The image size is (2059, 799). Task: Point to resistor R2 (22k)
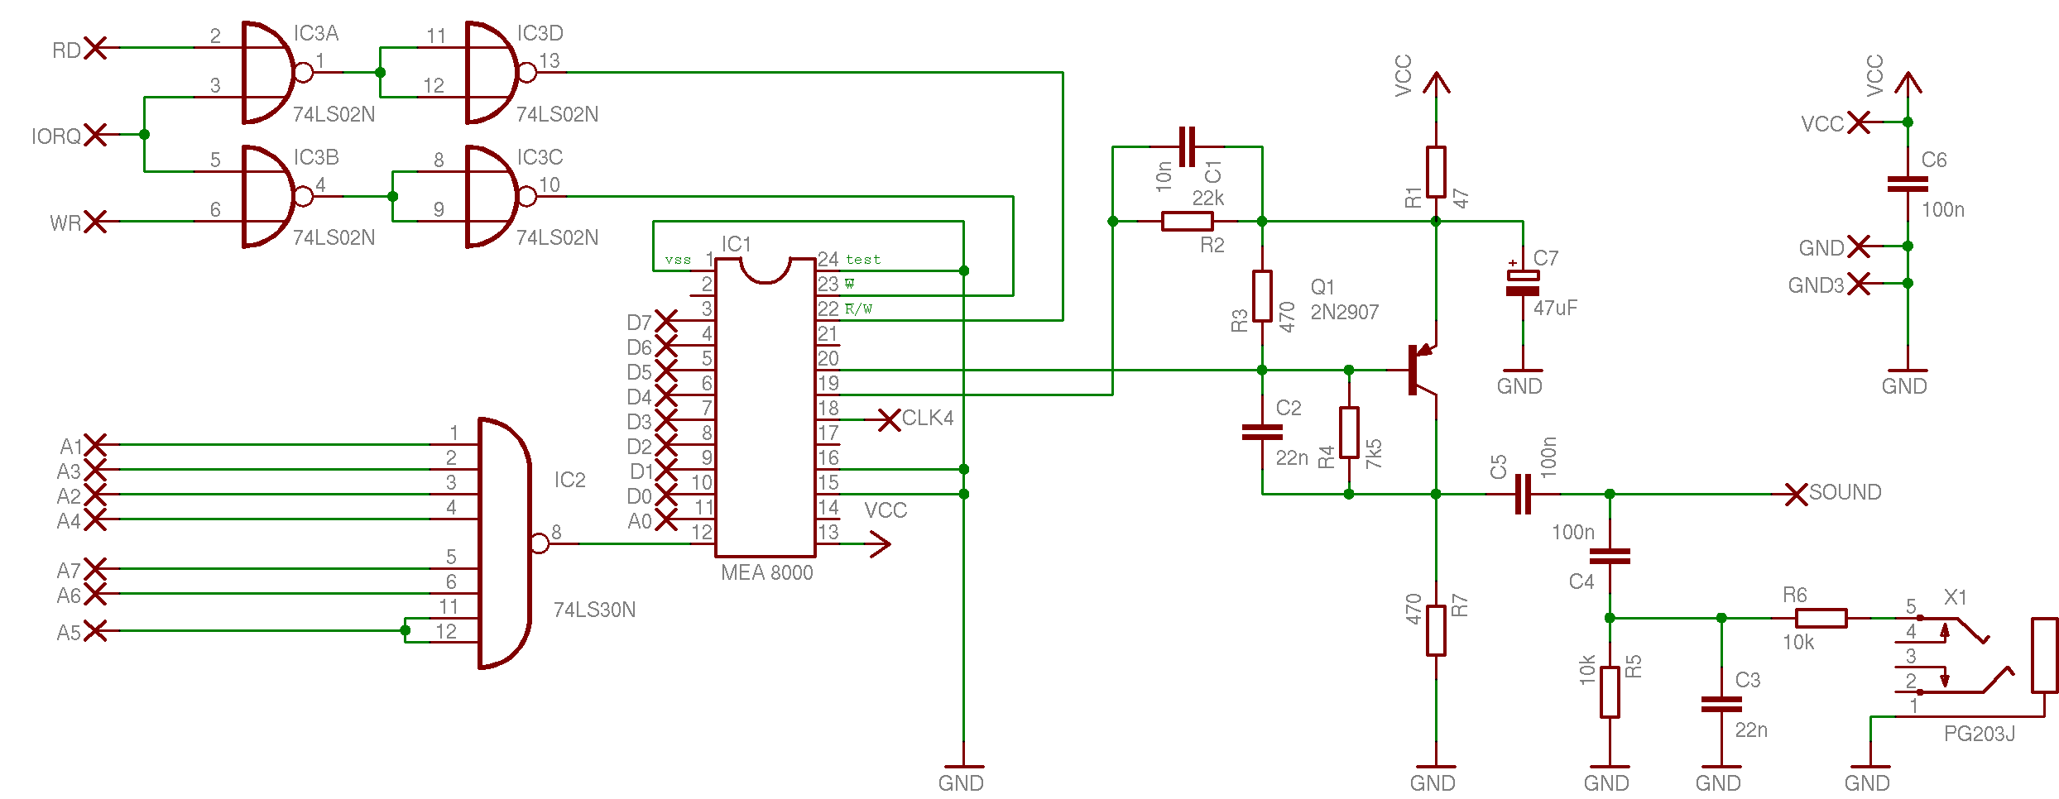coord(1188,221)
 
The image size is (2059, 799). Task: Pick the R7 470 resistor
coord(1436,630)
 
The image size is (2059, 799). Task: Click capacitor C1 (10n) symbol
coord(1187,146)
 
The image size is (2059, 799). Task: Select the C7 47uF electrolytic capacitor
coord(1523,283)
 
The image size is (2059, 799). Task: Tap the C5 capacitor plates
coord(1523,494)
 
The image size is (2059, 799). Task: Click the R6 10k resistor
coord(1821,618)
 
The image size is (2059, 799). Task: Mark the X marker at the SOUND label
coord(1796,495)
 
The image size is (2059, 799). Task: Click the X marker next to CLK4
coord(890,420)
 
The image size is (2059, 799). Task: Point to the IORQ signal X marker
coord(96,134)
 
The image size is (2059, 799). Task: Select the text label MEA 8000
coord(767,572)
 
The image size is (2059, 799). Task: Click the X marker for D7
coord(666,321)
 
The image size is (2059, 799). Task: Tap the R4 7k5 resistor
coord(1349,432)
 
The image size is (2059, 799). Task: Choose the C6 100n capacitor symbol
coord(1908,184)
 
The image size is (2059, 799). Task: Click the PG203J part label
coord(1980,734)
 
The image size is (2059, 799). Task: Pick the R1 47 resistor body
coord(1436,172)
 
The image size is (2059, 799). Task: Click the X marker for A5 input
coord(96,630)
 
